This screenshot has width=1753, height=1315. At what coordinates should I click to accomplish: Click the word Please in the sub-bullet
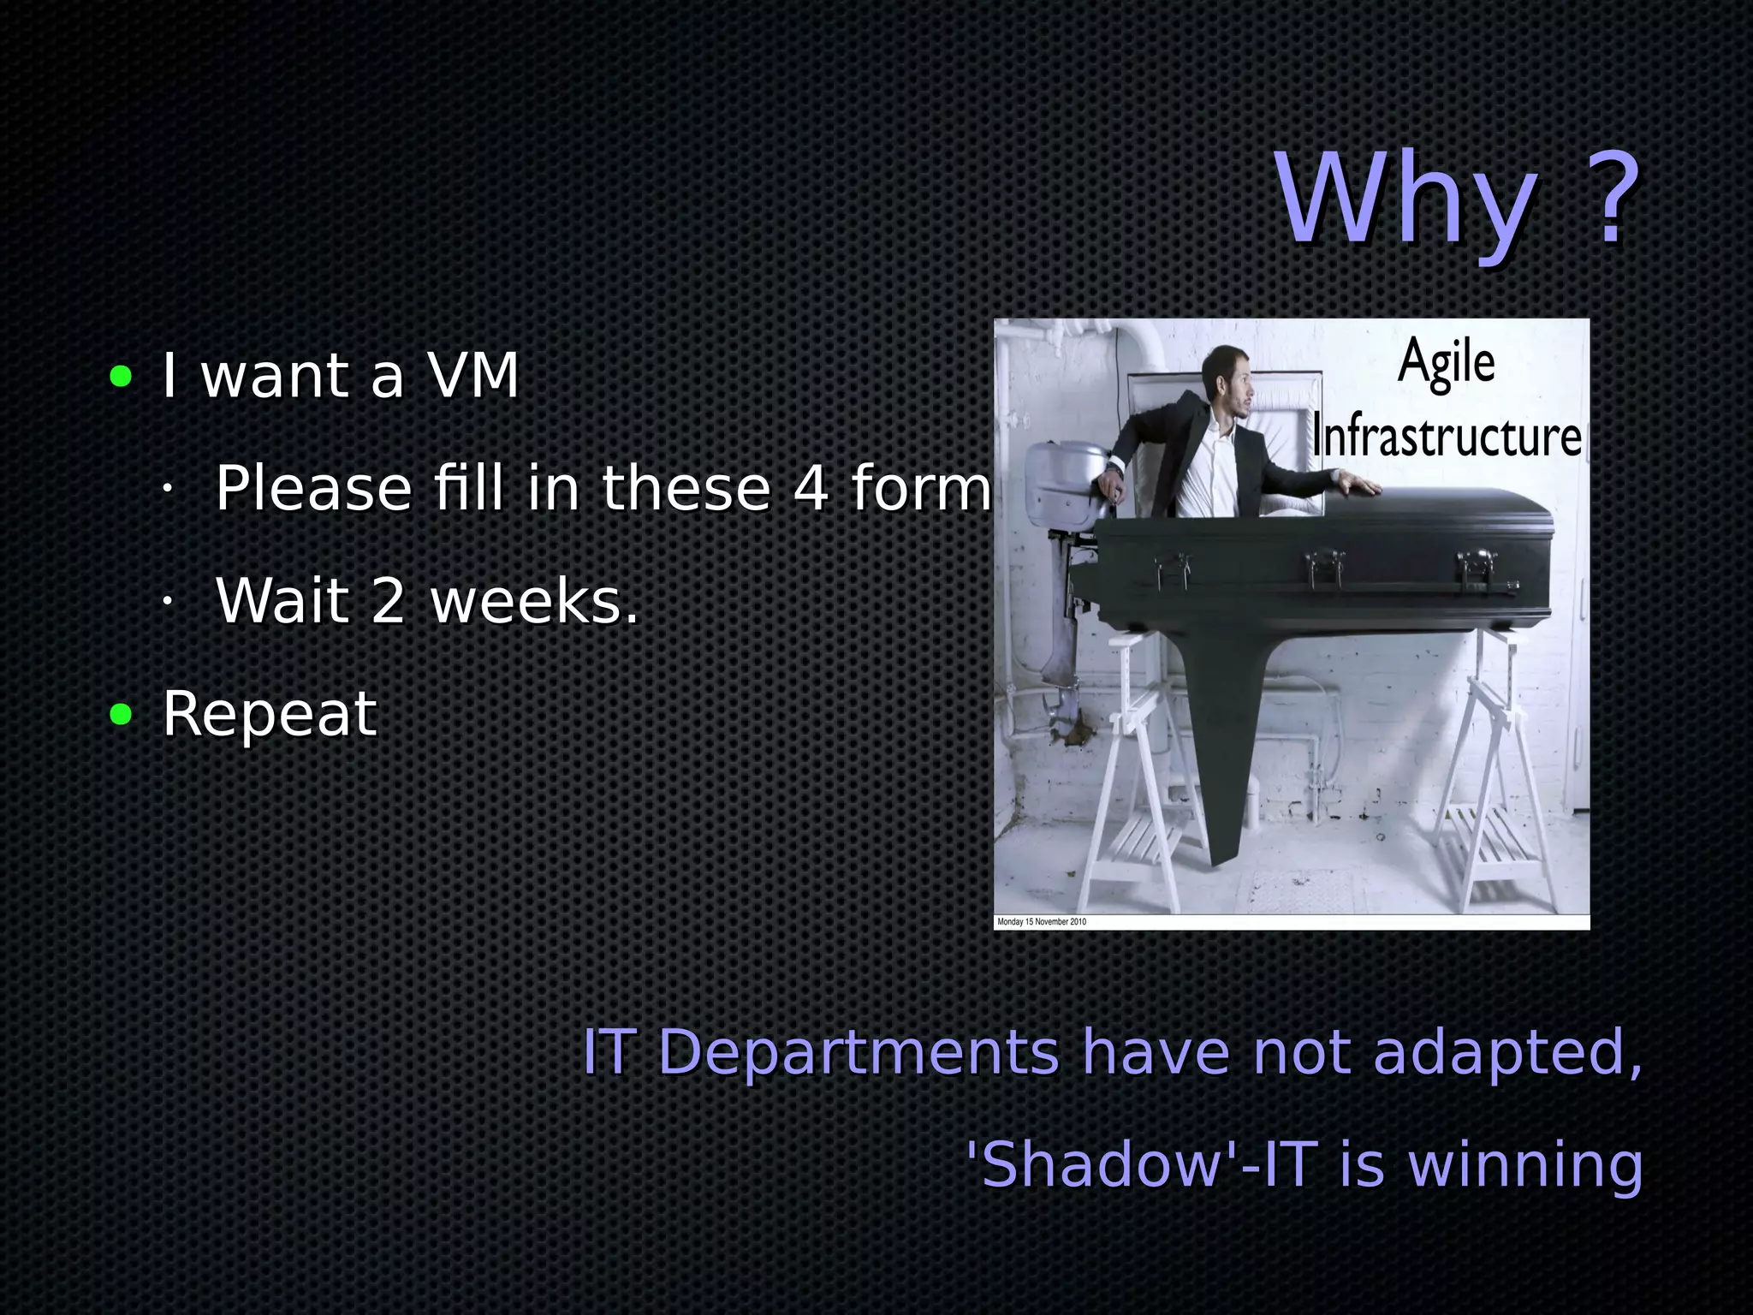click(313, 488)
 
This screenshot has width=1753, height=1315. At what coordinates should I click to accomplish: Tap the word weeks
click(534, 601)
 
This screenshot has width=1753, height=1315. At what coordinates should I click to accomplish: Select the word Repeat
click(270, 715)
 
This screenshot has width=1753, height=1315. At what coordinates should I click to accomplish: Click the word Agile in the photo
click(1447, 364)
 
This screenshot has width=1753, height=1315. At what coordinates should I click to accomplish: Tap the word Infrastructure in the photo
click(1447, 437)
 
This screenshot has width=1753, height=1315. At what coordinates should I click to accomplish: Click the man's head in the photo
click(1229, 378)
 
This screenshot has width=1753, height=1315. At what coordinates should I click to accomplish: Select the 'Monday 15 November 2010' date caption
click(1042, 922)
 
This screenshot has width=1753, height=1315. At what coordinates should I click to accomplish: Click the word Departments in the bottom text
click(859, 1052)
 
